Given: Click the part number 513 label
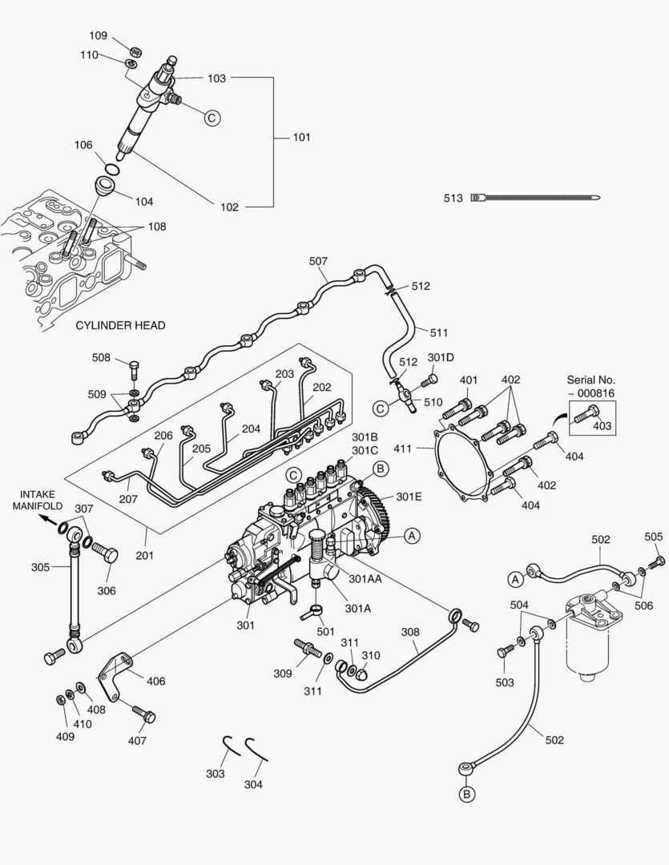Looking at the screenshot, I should click(x=453, y=198).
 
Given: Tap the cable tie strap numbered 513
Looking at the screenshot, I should click(x=537, y=197).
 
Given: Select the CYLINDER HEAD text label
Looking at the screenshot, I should click(x=120, y=325).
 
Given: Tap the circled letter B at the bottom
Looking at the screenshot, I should click(x=466, y=794).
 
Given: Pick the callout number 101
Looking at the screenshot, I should click(x=301, y=137).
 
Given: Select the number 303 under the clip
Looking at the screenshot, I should click(x=215, y=774).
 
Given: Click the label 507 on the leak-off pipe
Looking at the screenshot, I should click(x=318, y=261).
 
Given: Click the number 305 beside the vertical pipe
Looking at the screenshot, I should click(x=40, y=567).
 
